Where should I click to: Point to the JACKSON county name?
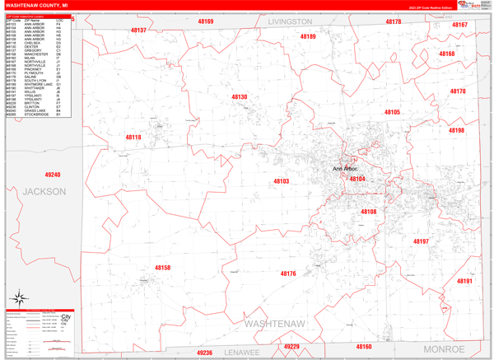tap(44, 191)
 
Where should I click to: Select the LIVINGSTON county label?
tap(290, 21)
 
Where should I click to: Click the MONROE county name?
tap(444, 349)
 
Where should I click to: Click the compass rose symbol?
tap(18, 298)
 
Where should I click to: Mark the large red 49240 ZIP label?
tap(53, 175)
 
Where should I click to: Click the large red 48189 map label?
tap(308, 36)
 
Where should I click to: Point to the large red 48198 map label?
tap(456, 130)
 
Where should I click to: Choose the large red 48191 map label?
tap(465, 281)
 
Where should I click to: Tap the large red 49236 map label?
tap(204, 353)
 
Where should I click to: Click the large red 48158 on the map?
tap(163, 268)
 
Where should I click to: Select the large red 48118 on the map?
tap(133, 137)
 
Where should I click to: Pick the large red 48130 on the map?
tap(239, 97)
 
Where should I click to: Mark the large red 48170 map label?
tap(457, 91)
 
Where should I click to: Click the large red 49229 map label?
tap(291, 347)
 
